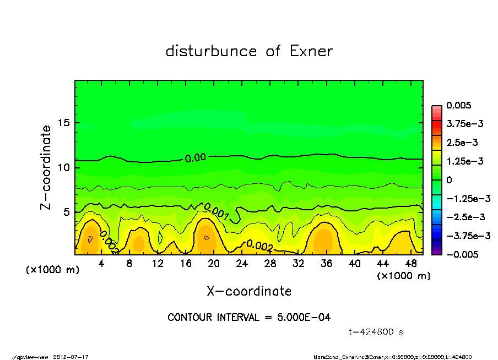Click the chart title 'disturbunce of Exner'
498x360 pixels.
tap(249, 51)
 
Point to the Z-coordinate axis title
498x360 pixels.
tap(46, 167)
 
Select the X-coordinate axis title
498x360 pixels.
tap(249, 291)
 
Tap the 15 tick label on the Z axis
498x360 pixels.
tap(64, 123)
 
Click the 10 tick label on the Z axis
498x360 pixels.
tap(64, 167)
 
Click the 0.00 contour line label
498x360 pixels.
tap(195, 158)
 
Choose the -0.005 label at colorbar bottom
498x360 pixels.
tap(461, 254)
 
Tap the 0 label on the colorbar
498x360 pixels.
tap(450, 179)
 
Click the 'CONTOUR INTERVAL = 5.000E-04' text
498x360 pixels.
tap(249, 317)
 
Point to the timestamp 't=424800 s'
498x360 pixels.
tap(376, 332)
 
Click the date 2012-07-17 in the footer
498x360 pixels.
tap(71, 356)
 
